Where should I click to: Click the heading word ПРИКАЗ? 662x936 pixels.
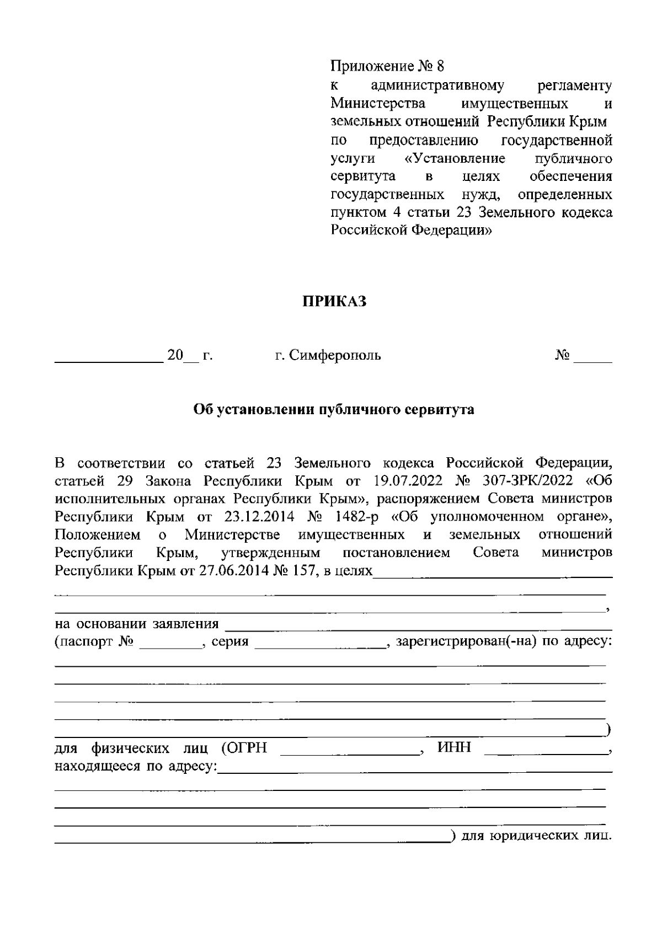[x=334, y=301]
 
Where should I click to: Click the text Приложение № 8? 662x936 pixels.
[x=387, y=67]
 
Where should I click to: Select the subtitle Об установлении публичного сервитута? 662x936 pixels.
[x=334, y=410]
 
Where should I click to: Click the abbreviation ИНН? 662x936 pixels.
[x=454, y=748]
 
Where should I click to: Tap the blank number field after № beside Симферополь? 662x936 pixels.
[x=593, y=360]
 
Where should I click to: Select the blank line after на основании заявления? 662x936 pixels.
[x=419, y=628]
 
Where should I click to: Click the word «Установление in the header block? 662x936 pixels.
[x=455, y=158]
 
